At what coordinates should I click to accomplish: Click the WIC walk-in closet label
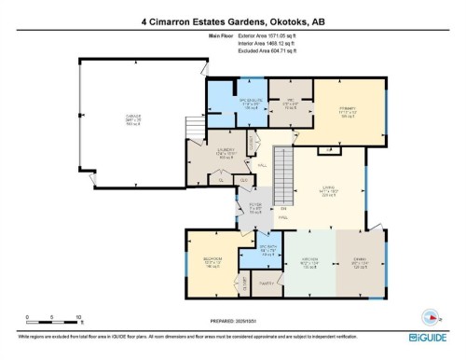pos(290,102)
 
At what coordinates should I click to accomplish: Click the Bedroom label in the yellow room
pos(212,260)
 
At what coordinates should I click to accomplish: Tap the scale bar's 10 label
pos(79,317)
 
